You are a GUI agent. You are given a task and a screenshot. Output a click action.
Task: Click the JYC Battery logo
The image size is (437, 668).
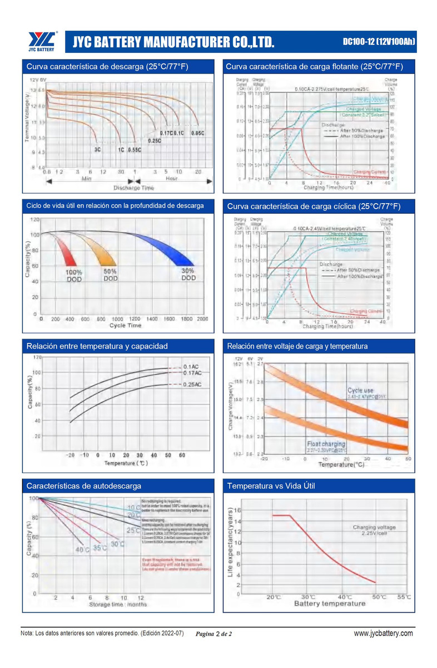[x=42, y=41]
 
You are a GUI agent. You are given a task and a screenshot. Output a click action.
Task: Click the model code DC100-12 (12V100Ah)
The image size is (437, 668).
[x=379, y=42]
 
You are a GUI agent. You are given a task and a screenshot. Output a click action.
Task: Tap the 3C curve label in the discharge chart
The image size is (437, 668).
[x=97, y=150]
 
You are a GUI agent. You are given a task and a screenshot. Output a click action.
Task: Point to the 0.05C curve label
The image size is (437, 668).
[x=198, y=133]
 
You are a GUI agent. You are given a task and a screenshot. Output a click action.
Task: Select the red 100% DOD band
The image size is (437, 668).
[x=66, y=252]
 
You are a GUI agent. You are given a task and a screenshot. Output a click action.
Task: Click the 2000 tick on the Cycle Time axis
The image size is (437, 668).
[x=202, y=319]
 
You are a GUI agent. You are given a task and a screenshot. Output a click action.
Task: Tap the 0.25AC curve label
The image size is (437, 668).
[x=192, y=385]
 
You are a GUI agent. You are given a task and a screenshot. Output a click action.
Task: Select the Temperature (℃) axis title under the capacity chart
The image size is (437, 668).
[x=127, y=463]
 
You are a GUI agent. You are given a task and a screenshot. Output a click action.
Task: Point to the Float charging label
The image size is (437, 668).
[x=326, y=444]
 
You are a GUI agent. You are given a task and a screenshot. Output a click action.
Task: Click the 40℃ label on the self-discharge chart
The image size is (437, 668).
[x=82, y=550]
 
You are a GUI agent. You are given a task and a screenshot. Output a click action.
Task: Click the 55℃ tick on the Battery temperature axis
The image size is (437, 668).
[x=404, y=597]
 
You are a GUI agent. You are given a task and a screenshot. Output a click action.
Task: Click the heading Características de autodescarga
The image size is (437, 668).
[x=84, y=486]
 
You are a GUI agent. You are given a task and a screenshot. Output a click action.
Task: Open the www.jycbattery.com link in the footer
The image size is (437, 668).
[x=383, y=633]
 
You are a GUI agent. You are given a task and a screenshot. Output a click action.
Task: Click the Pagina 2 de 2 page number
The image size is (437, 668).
[x=213, y=634]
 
